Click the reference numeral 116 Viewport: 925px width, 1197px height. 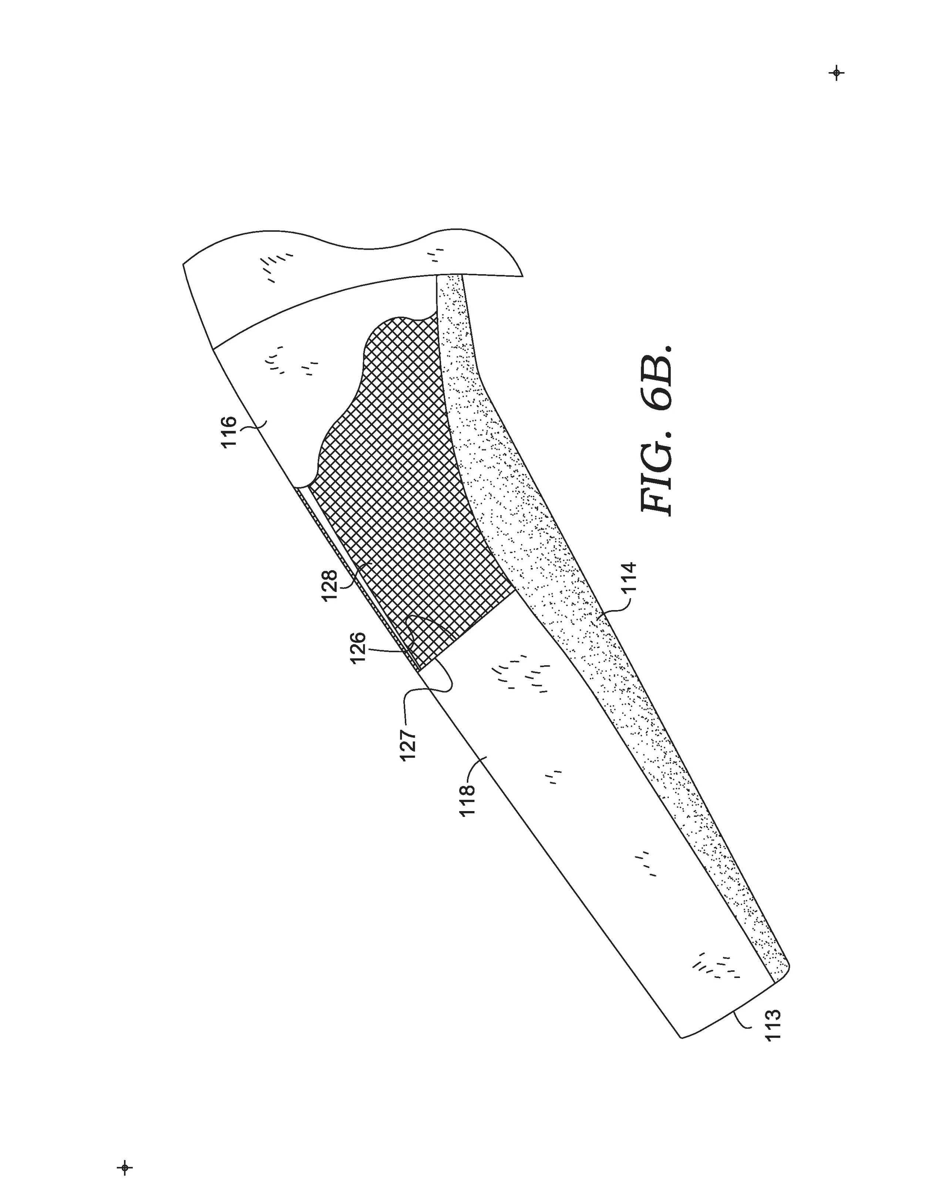click(x=228, y=431)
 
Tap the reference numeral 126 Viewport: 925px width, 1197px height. click(x=358, y=648)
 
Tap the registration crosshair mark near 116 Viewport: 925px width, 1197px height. click(x=836, y=73)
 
